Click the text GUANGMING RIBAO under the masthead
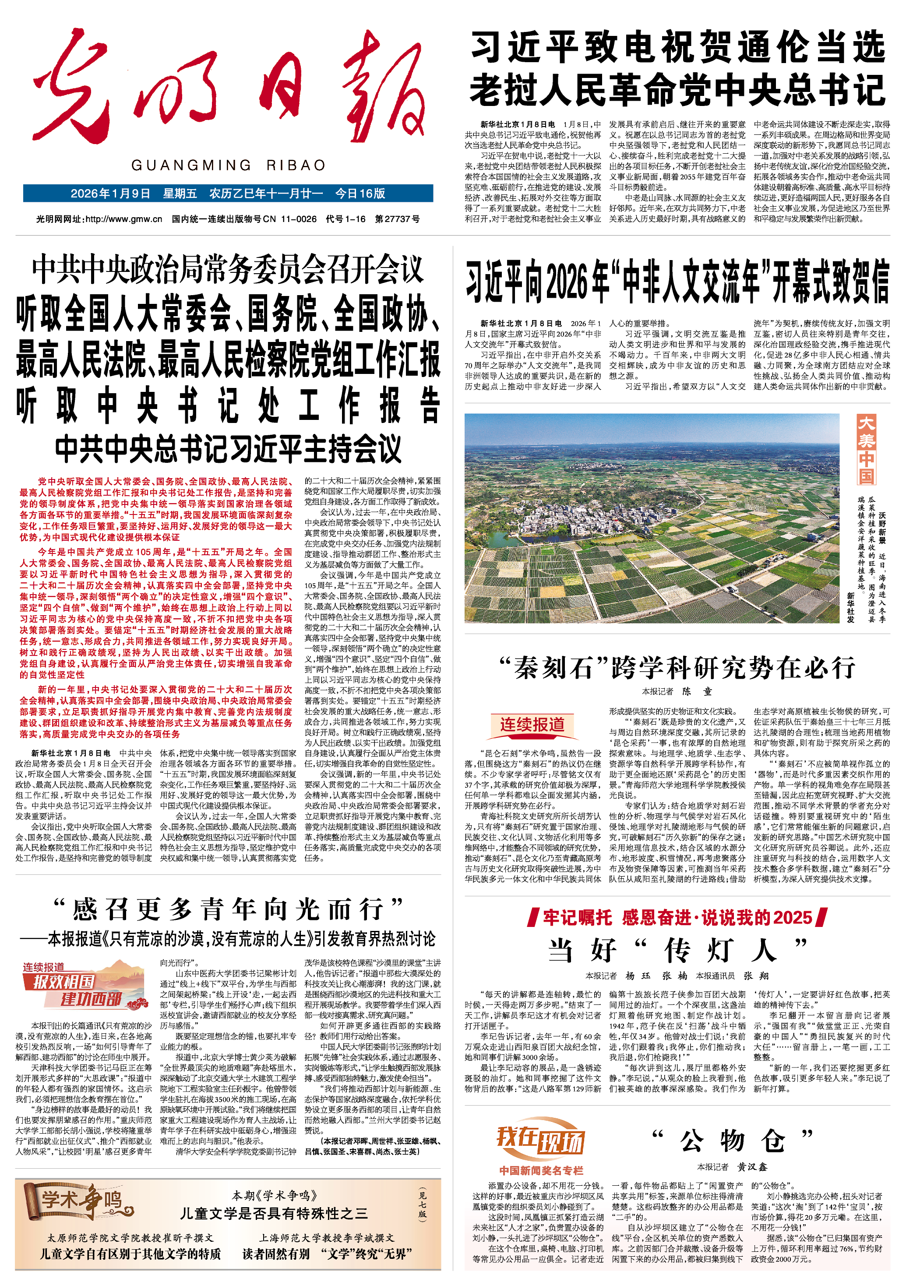pos(228,165)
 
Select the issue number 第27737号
pos(397,219)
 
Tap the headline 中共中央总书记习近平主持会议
pos(228,448)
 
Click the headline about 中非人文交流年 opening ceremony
pos(677,282)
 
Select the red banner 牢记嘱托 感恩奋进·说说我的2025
pos(677,917)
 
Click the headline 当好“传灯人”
pos(677,950)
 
